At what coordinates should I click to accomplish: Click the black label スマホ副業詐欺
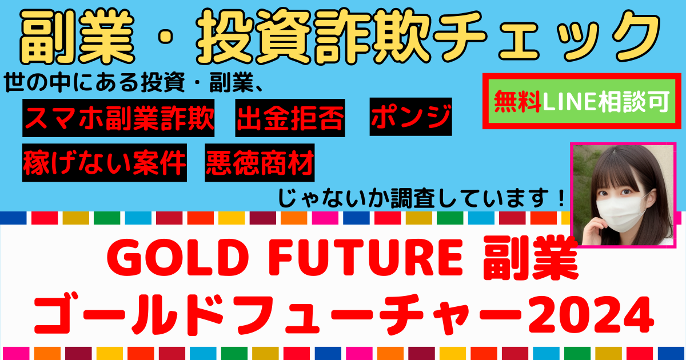point(118,118)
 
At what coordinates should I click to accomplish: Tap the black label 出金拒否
point(290,118)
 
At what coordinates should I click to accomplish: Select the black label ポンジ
point(410,117)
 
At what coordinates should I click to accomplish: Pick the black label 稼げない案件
point(105,162)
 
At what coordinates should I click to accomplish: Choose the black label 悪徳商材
point(260,162)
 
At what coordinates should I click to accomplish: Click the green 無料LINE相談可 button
point(582,101)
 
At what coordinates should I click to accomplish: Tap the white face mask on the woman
point(622,214)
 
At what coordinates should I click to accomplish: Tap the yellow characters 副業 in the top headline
point(77,36)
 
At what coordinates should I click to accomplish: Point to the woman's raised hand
point(595,232)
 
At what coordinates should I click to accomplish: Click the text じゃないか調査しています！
point(421,198)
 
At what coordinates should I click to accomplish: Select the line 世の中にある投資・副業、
point(133,83)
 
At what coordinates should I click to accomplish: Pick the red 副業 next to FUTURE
point(531,259)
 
